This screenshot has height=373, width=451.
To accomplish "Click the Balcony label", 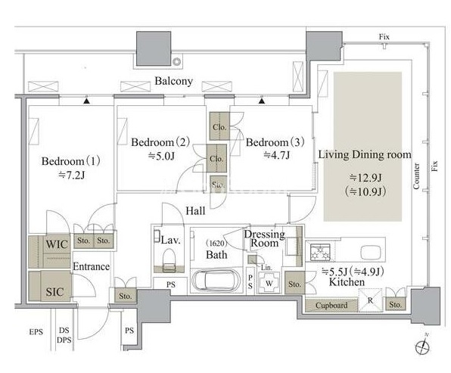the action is click(173, 81).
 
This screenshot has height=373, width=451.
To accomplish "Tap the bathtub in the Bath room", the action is click(216, 279).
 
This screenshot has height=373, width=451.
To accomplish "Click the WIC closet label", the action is click(57, 244).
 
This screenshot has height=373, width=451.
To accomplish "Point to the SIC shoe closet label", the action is click(54, 291).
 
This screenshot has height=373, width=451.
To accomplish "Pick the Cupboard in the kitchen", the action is click(331, 306).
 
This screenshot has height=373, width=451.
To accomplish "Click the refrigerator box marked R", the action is click(370, 300).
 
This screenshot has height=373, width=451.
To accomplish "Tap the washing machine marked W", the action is click(269, 283).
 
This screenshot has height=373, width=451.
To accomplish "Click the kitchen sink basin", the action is click(372, 253).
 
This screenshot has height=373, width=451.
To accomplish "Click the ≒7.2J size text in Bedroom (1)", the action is click(72, 175).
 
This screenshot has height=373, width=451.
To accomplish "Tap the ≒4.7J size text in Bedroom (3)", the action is click(276, 155).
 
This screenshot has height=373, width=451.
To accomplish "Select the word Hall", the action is click(195, 211).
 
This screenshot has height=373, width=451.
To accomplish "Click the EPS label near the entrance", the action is click(36, 332).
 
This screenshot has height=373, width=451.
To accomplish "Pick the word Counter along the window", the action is click(416, 176).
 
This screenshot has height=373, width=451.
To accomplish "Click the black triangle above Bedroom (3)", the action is click(262, 101).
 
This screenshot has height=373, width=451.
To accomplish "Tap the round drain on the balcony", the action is click(176, 61).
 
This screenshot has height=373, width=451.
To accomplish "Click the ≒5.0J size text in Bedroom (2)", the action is click(161, 156).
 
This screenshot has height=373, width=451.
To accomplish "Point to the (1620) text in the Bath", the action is click(216, 244).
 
